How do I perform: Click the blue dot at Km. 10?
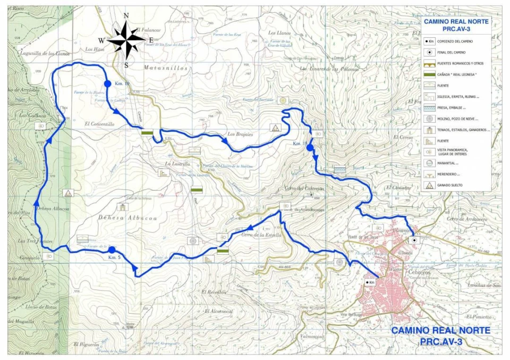pyautogui.click(x=107, y=84)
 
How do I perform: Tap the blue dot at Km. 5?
pyautogui.click(x=112, y=250)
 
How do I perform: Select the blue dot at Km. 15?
pyautogui.click(x=310, y=148)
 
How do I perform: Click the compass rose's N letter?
pyautogui.click(x=126, y=16)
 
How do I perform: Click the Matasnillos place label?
pyautogui.click(x=165, y=68)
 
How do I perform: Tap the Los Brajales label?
pyautogui.click(x=240, y=134)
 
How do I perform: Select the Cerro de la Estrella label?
pyautogui.click(x=261, y=234)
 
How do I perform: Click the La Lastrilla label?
pyautogui.click(x=177, y=164)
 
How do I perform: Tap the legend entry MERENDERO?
pyautogui.click(x=449, y=174)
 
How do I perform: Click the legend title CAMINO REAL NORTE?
pyautogui.click(x=456, y=21)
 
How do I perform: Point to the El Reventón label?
pyautogui.click(x=214, y=292)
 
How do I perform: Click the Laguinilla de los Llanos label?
pyautogui.click(x=45, y=53)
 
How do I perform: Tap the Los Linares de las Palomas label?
pyautogui.click(x=330, y=69)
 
